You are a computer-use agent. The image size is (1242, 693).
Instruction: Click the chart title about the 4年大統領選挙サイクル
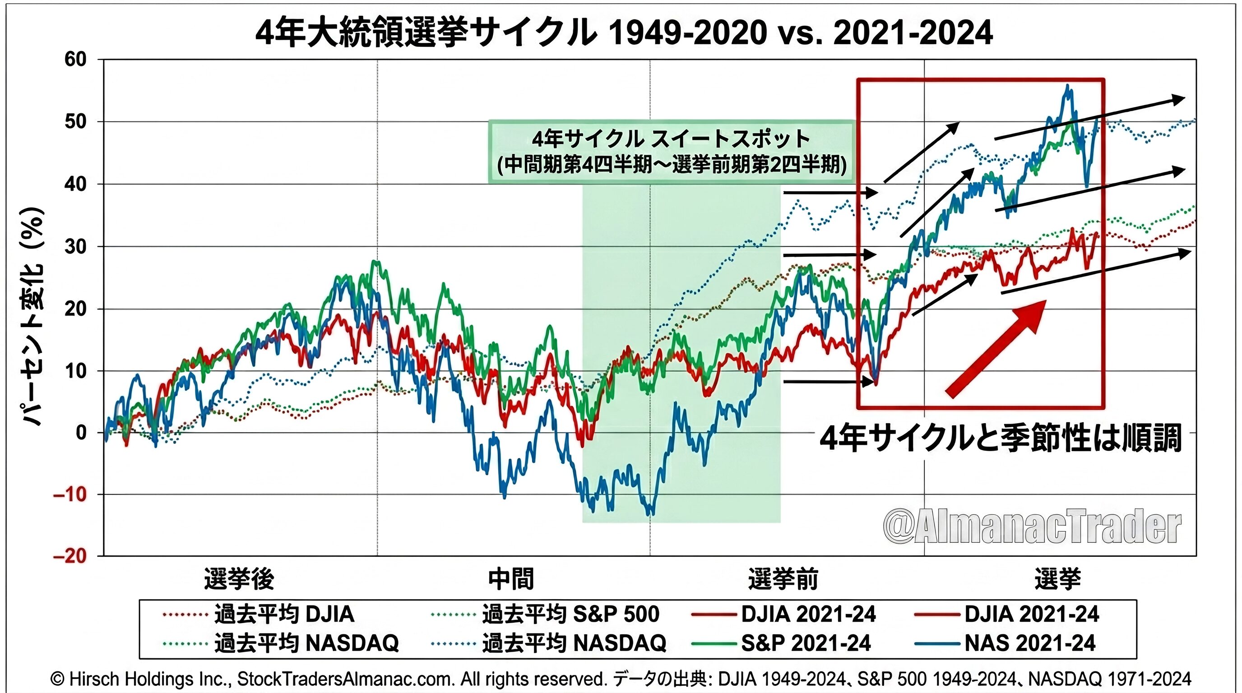click(623, 33)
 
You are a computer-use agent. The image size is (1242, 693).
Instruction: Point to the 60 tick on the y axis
click(75, 60)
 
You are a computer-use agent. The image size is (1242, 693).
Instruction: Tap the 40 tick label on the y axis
click(75, 184)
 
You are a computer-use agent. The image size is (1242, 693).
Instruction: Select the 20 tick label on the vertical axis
click(75, 309)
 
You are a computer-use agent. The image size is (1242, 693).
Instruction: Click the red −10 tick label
click(70, 494)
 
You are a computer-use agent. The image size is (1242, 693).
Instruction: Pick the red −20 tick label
click(70, 556)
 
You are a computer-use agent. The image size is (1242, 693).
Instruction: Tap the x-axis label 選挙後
click(239, 579)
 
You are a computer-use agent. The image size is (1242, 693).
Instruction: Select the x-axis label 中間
click(510, 579)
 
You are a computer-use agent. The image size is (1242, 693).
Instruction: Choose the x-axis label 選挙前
click(783, 579)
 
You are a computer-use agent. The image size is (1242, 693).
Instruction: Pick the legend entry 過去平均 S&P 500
click(570, 614)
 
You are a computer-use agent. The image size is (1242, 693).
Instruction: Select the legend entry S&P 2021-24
click(806, 643)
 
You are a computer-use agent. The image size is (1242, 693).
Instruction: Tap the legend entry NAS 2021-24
click(1030, 643)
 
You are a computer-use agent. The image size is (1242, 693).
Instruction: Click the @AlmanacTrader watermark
click(1032, 527)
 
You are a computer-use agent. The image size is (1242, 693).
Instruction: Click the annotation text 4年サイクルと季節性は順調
click(1001, 439)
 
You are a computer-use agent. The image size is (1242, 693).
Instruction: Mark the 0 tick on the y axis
click(81, 433)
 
